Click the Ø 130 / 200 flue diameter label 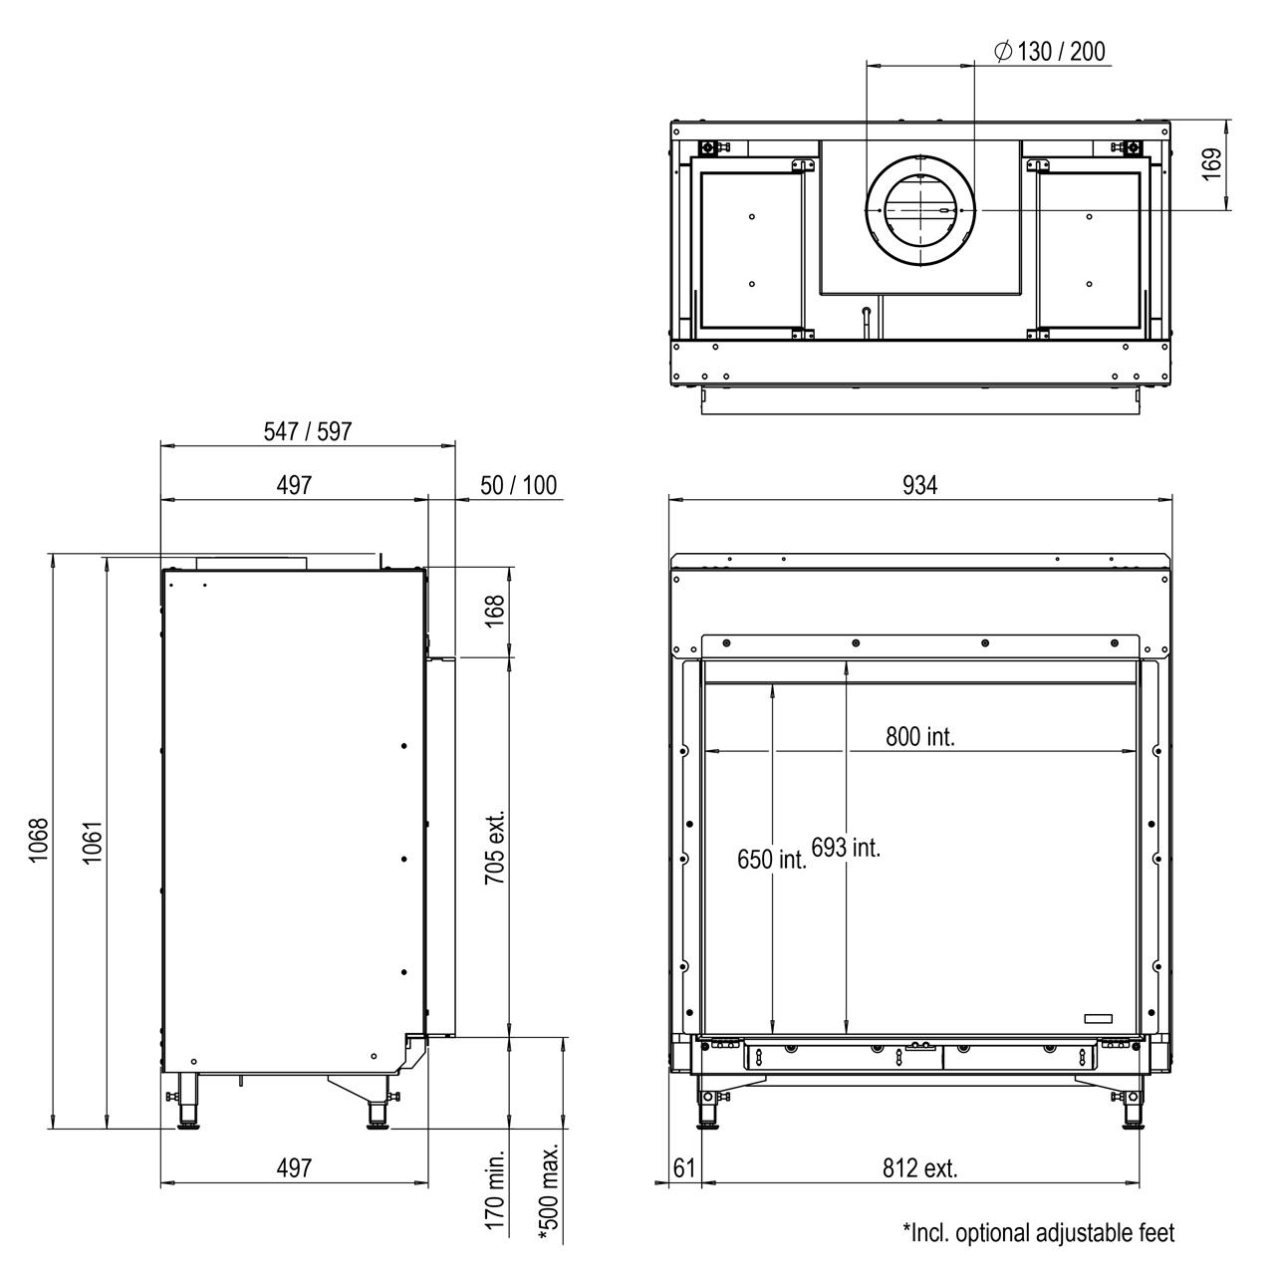pos(1049,52)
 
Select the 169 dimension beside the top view pos(1211,164)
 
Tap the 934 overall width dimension pos(919,486)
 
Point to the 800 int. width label pos(920,737)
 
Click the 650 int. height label pos(772,860)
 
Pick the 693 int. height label pos(846,848)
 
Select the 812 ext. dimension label pos(920,1168)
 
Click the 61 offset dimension pos(684,1168)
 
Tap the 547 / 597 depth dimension pos(308,431)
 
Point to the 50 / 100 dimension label pos(518,486)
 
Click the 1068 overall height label pos(39,841)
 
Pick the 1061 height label pos(92,843)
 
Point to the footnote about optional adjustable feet pos(1039,1232)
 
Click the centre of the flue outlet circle pos(919,210)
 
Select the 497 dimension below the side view pos(294,1168)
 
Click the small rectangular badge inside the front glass pos(1098,1019)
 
